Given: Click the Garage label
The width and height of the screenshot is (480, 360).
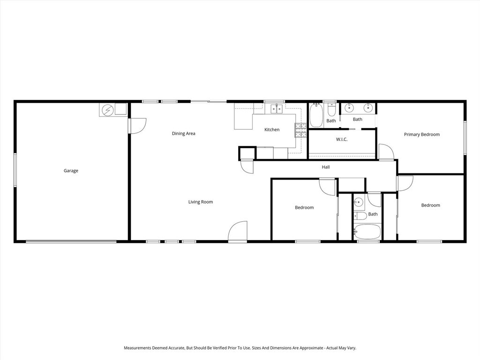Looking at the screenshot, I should [71, 171].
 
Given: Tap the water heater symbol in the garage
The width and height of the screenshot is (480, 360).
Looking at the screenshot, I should [108, 110].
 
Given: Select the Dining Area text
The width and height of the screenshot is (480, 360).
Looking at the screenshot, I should [183, 134].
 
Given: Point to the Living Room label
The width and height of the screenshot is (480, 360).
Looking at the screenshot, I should [201, 202].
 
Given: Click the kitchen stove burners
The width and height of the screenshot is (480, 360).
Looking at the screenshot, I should [299, 130].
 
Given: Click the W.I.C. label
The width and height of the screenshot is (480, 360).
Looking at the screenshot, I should [342, 139].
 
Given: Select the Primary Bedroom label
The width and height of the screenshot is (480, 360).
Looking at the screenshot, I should [422, 135].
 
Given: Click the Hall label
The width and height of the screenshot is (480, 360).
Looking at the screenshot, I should [325, 167].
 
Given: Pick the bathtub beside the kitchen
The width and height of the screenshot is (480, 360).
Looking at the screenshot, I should [316, 116].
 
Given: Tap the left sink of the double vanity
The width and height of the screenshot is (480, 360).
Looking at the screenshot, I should [349, 108].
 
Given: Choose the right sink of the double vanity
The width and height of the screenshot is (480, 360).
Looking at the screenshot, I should [368, 108].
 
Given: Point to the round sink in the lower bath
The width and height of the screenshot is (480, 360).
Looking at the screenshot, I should [359, 203].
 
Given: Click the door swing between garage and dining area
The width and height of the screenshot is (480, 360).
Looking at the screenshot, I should [138, 126].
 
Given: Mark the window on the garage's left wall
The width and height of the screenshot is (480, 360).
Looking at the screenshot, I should [15, 170].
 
